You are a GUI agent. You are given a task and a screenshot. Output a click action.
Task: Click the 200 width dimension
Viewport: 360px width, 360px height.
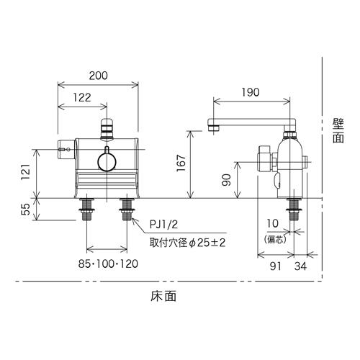(99, 76)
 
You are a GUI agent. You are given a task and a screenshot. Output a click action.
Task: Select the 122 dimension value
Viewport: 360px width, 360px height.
(82, 98)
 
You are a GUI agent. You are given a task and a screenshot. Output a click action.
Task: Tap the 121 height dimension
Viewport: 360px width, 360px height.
(26, 172)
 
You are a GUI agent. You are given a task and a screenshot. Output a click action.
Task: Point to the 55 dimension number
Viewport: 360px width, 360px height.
(26, 209)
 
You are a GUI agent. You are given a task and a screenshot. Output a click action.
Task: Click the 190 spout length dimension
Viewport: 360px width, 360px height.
(251, 92)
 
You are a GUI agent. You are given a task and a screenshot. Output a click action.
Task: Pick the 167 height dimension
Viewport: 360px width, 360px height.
(181, 163)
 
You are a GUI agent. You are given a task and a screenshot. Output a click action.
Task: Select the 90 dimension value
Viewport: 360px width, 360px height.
(226, 180)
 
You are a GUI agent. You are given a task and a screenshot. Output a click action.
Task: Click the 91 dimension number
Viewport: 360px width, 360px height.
(275, 266)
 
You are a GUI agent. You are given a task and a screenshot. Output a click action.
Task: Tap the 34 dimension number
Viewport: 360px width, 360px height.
(300, 266)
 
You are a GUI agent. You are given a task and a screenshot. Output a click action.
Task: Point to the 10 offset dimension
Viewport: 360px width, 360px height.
(273, 224)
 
